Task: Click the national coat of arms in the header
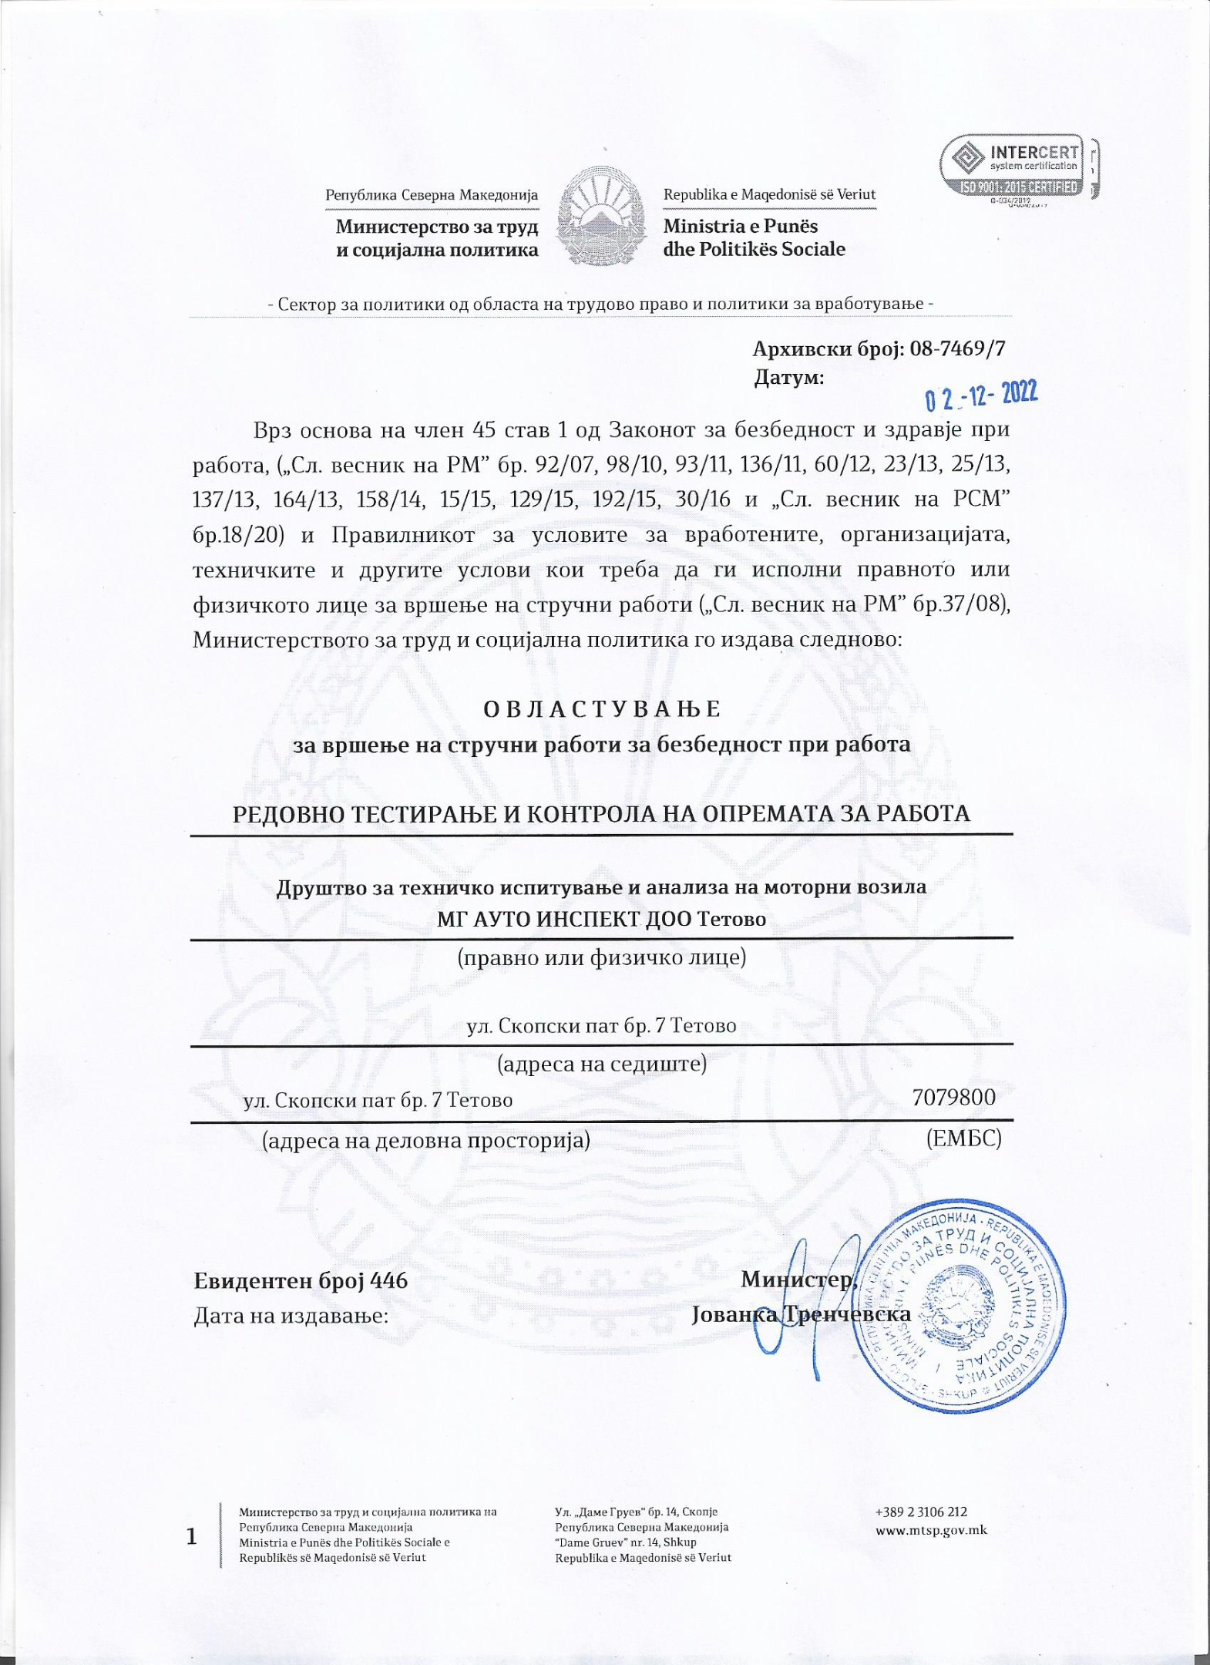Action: [600, 220]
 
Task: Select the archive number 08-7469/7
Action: [957, 348]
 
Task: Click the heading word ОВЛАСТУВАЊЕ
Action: [602, 708]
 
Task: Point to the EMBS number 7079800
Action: [953, 1097]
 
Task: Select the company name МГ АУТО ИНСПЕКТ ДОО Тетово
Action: [601, 919]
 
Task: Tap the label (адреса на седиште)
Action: [601, 1064]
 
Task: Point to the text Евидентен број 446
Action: [301, 1280]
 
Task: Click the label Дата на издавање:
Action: [291, 1315]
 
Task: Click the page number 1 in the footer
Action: [191, 1537]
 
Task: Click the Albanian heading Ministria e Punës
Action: [740, 227]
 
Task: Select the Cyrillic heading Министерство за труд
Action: [436, 227]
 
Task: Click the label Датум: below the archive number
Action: [788, 378]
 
